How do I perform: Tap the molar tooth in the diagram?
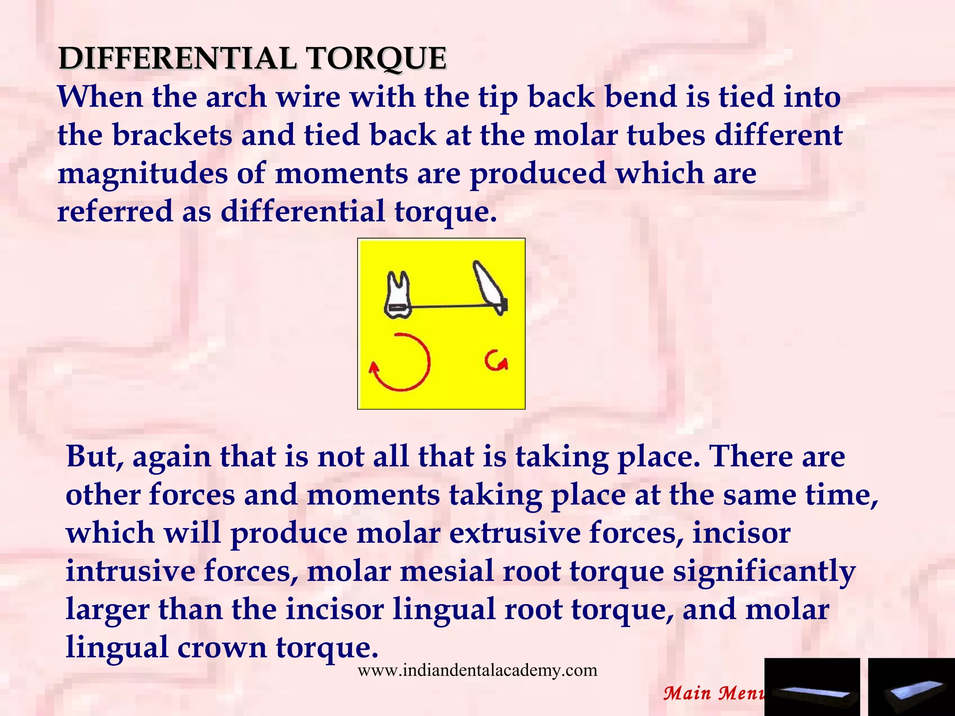click(398, 296)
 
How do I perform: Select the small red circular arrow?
click(495, 361)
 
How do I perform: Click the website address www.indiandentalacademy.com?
click(477, 670)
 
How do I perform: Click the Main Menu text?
click(713, 693)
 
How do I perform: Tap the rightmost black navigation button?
click(911, 687)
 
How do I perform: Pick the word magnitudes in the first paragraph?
click(143, 173)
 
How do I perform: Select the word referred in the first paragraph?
click(115, 211)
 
